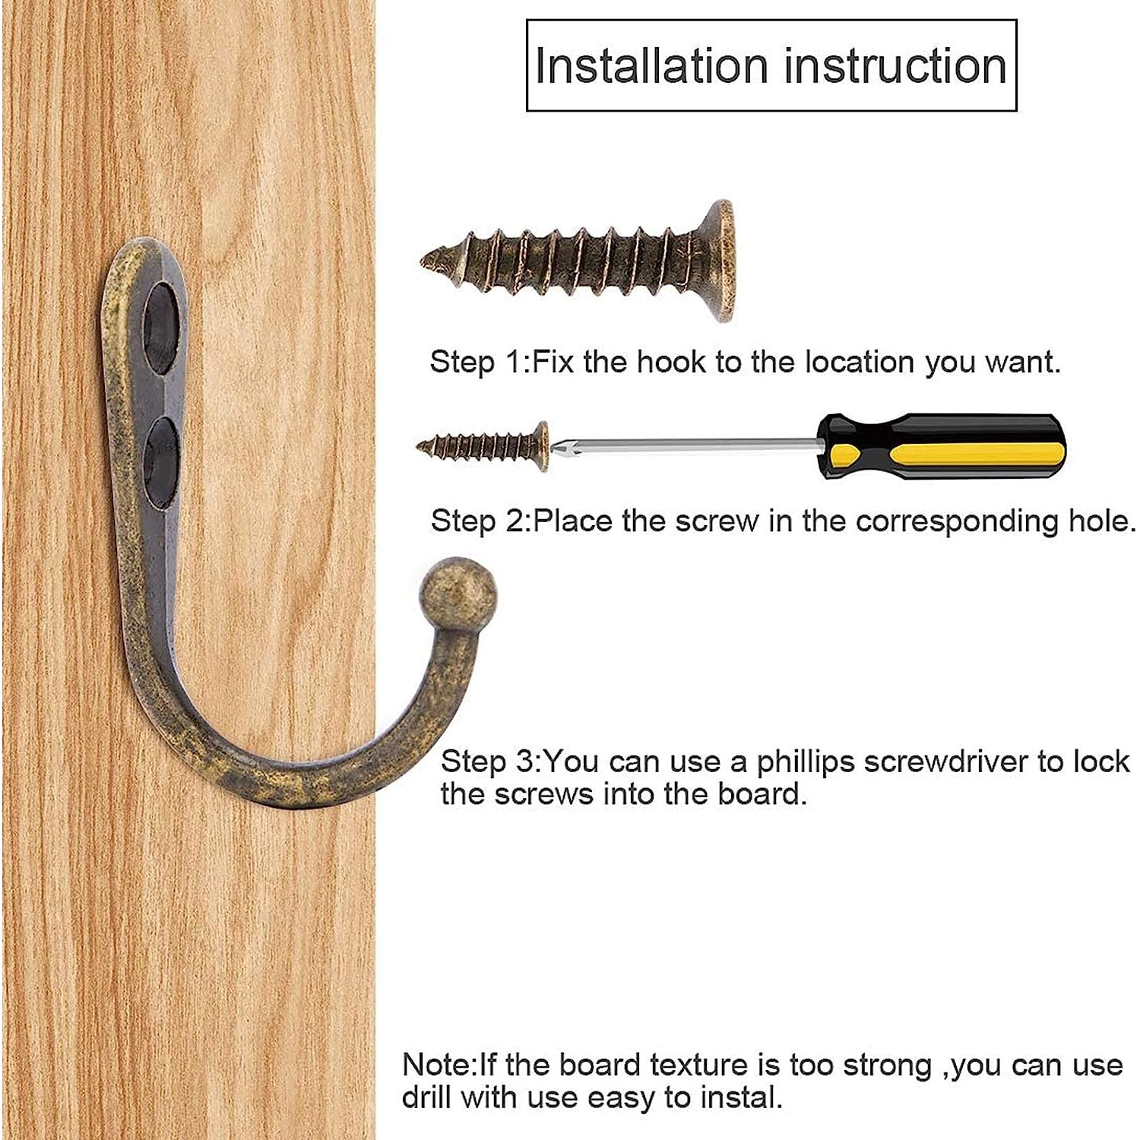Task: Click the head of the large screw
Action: (718, 261)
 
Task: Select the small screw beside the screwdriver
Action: (483, 446)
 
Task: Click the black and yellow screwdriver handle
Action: (942, 446)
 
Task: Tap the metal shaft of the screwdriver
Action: (684, 445)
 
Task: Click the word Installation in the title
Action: (651, 66)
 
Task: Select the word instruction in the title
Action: (895, 66)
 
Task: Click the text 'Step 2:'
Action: (481, 521)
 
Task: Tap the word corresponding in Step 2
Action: (958, 522)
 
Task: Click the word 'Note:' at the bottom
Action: (440, 1066)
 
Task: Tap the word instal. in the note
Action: (741, 1098)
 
